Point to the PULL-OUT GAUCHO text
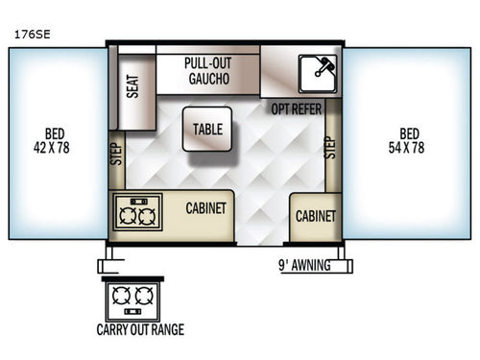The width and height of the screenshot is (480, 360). tap(208, 71)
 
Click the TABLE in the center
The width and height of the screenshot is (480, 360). tap(206, 130)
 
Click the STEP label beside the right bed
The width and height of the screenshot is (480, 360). tap(331, 147)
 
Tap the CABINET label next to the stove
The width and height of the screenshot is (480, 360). tap(205, 207)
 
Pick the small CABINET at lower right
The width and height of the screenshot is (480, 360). tap(315, 216)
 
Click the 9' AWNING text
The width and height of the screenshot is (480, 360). tap(303, 266)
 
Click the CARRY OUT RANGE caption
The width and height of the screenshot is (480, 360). tap(140, 330)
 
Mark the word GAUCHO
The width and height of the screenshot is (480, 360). tap(208, 79)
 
